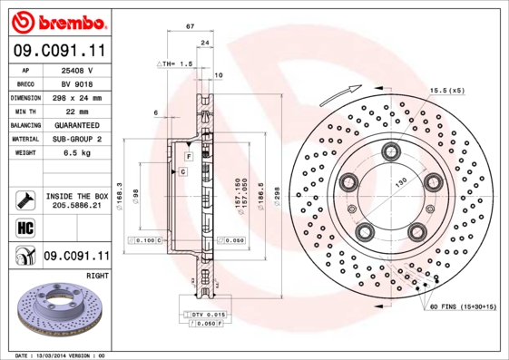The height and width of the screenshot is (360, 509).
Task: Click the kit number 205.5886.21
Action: click(x=76, y=206)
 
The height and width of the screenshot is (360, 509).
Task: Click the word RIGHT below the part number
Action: click(x=97, y=273)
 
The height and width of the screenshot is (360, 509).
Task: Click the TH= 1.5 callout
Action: click(x=176, y=64)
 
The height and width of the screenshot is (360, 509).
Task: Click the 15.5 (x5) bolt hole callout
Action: click(x=446, y=91)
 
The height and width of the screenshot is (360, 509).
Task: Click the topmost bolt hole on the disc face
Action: click(x=392, y=151)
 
